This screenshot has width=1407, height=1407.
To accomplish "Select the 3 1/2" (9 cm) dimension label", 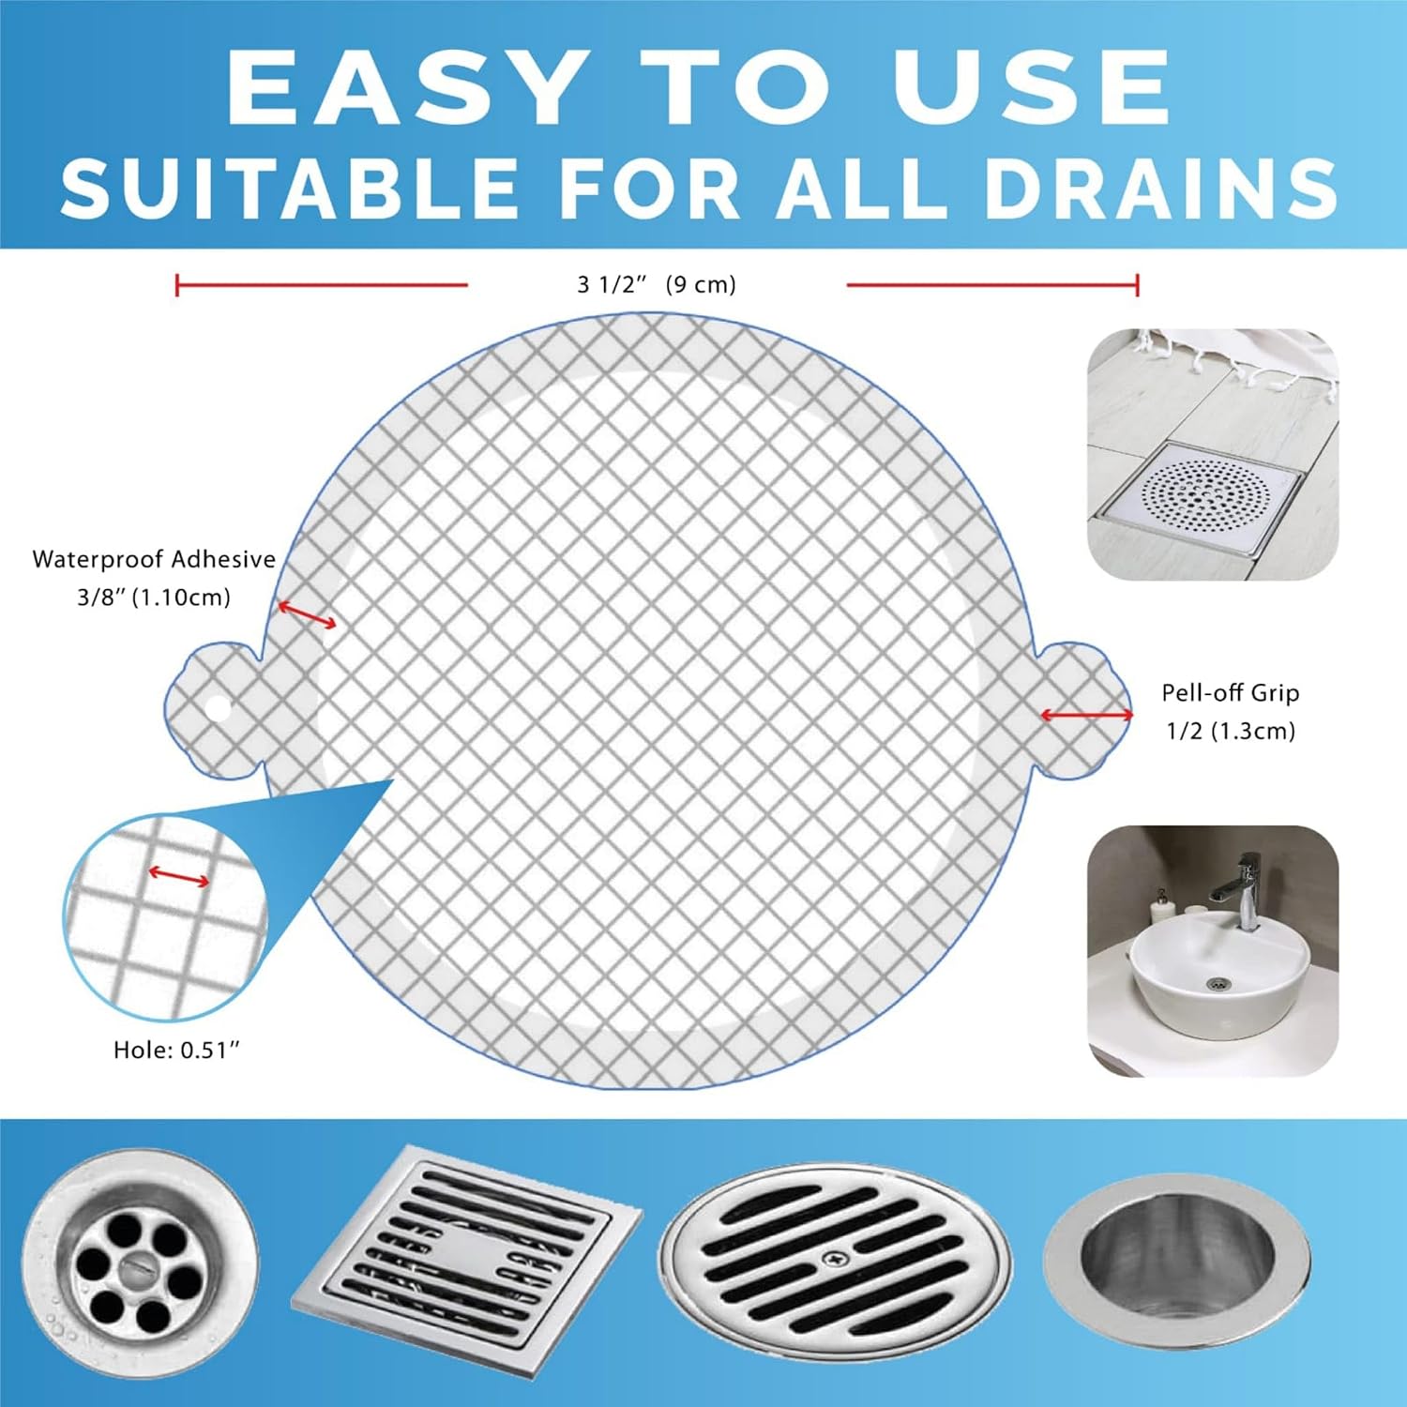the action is tap(657, 284).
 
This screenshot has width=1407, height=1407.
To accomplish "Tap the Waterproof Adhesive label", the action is tap(154, 559).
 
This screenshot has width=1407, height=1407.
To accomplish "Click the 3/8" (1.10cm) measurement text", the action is tap(154, 598).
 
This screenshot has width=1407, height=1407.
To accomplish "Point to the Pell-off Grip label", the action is tap(1231, 693).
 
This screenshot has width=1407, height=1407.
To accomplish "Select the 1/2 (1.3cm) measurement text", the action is tap(1231, 731).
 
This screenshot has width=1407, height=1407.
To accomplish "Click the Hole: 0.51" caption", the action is tap(176, 1051).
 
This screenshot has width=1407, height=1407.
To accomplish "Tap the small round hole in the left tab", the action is tap(218, 708).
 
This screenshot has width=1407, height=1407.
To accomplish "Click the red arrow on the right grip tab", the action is tap(1086, 716).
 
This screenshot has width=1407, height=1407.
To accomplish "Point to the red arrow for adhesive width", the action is tap(306, 614).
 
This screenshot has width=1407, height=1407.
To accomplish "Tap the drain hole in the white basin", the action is tap(1218, 983).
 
